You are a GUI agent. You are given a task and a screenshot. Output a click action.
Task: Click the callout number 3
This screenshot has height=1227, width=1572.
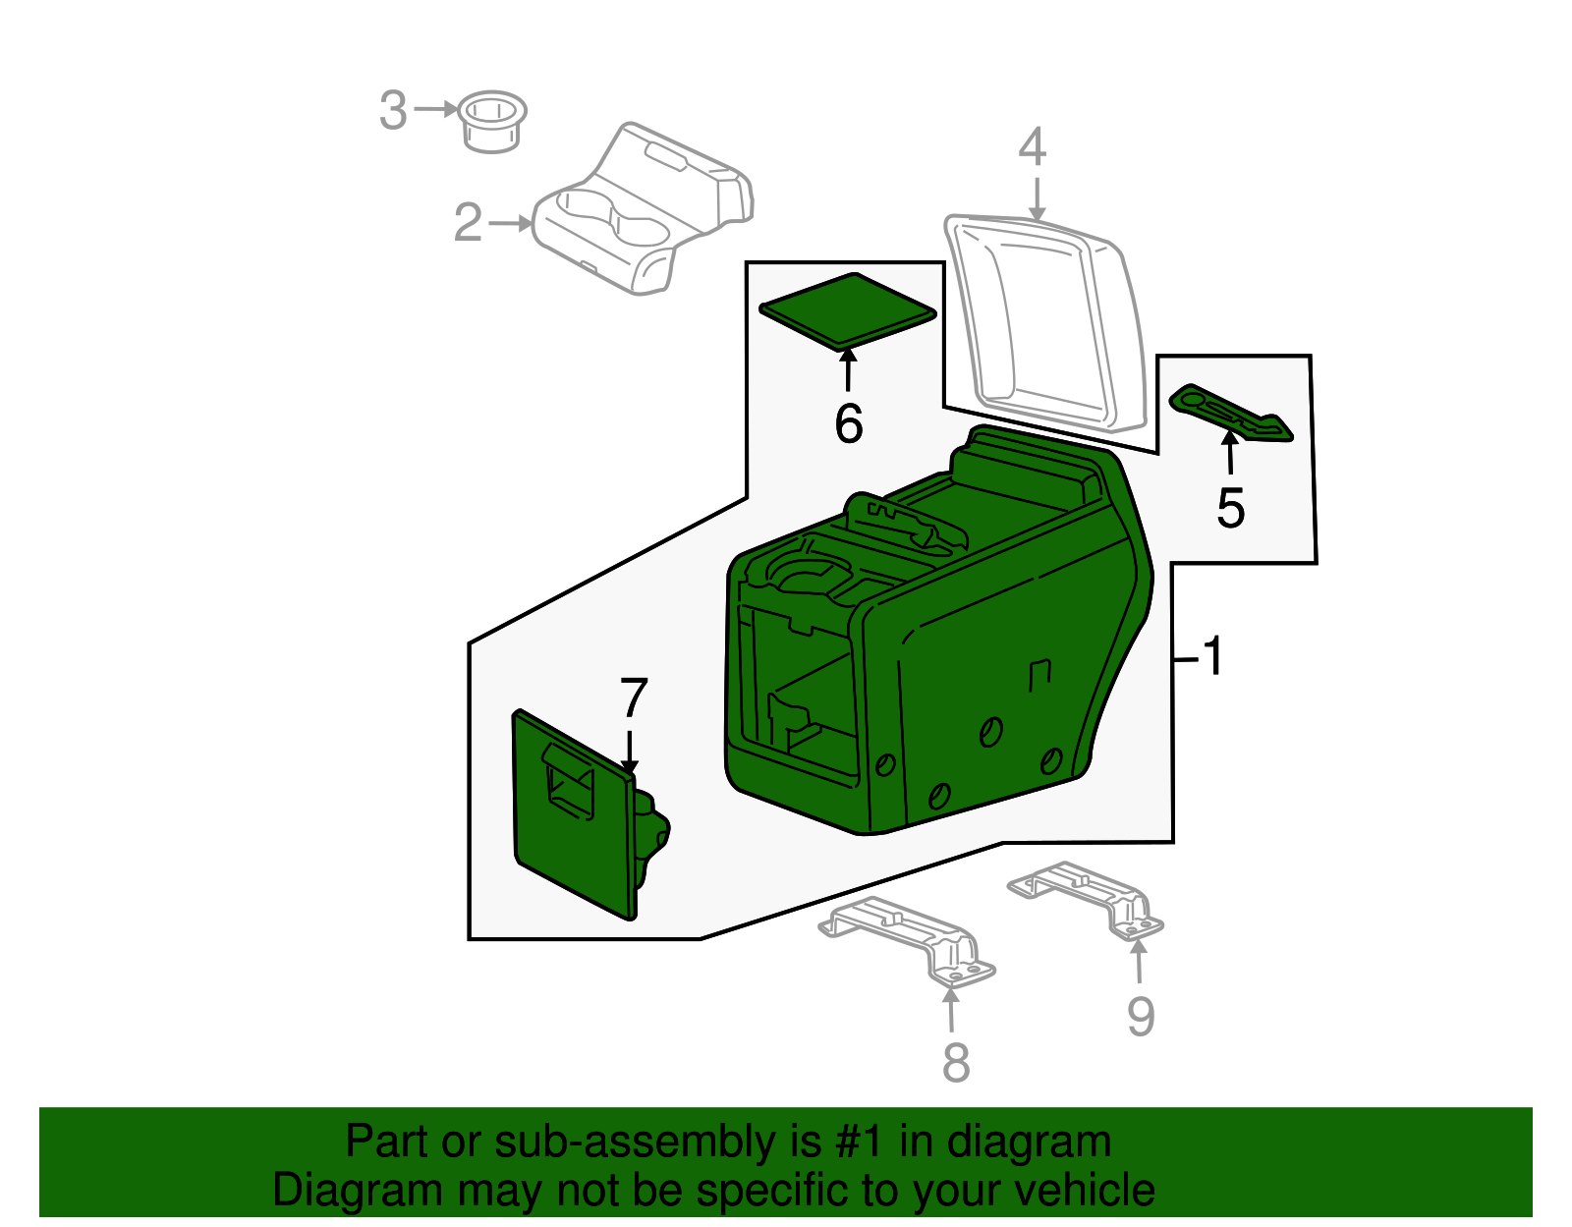[x=393, y=110]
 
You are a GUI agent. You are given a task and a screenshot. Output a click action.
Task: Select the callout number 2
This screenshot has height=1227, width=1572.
[x=468, y=223]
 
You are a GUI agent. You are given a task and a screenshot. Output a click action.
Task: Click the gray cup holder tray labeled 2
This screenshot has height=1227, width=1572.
[x=643, y=209]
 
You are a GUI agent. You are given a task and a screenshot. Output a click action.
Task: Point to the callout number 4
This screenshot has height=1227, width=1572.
[x=1033, y=146]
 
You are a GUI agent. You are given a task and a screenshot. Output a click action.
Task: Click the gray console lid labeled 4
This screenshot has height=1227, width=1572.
[x=1046, y=325]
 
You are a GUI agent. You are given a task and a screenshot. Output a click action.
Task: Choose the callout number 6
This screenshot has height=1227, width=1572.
[x=849, y=423]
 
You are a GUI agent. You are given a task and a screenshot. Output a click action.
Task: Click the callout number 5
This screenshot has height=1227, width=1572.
[x=1230, y=508]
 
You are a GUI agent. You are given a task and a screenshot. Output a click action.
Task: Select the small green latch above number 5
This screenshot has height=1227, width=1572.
[x=1231, y=414]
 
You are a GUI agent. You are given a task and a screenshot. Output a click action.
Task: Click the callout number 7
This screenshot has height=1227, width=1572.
[x=634, y=697]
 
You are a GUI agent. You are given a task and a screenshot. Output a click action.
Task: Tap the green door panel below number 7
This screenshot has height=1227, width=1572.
[x=589, y=814]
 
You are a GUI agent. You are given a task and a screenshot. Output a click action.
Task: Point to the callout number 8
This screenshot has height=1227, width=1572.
[x=956, y=1063]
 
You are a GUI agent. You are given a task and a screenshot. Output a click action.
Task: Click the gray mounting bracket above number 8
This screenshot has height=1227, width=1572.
[x=907, y=941]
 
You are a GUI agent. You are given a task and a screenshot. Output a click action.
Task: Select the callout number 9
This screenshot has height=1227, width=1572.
[x=1141, y=1016]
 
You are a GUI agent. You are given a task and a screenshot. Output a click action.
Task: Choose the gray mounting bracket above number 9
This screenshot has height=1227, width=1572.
[x=1085, y=901]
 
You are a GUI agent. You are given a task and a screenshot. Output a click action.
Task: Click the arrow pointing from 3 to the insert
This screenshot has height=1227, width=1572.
[x=436, y=109]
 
